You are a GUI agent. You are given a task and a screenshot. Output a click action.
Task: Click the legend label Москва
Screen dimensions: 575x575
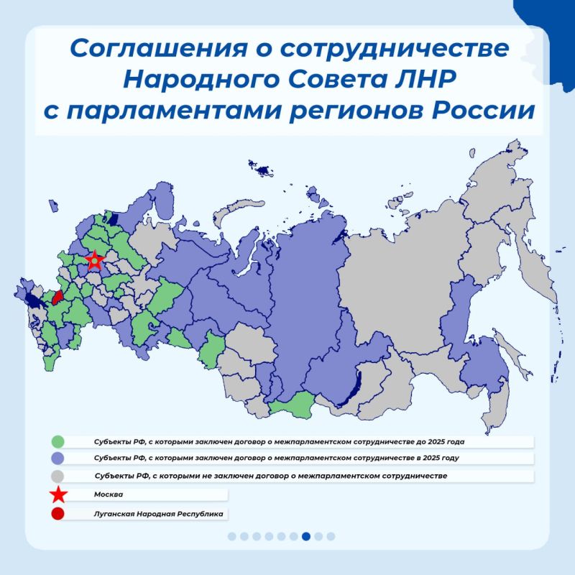click(108, 494)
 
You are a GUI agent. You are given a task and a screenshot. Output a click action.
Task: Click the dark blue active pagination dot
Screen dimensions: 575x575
click(306, 535)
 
